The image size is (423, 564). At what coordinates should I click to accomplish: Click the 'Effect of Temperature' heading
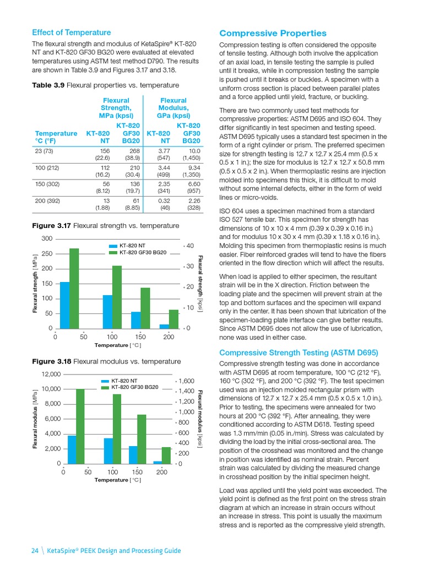71,32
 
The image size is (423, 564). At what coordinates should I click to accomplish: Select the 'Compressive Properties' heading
273,34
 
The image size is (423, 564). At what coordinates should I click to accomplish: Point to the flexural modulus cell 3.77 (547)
160,154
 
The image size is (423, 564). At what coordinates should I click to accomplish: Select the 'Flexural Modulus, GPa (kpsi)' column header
173,108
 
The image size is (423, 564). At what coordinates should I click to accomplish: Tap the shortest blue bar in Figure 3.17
164,326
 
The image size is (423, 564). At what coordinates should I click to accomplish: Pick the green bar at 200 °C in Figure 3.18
166,455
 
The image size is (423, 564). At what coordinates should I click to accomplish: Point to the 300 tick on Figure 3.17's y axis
46,238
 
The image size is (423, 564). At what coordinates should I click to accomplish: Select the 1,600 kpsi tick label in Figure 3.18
187,381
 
